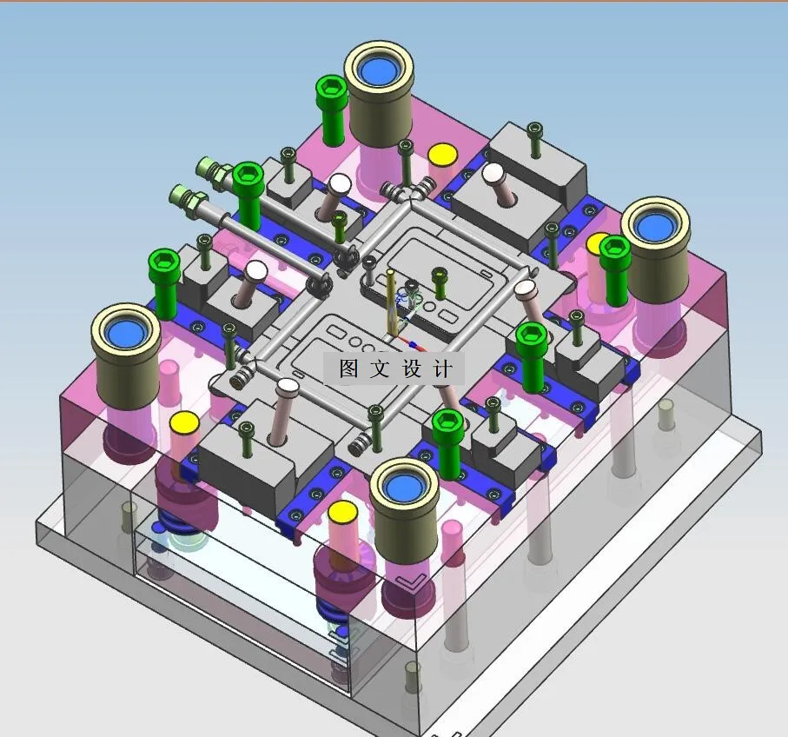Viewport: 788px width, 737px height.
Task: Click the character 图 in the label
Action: pos(348,368)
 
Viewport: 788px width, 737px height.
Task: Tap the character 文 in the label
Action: pos(380,368)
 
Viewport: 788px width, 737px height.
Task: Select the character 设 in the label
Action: pos(412,368)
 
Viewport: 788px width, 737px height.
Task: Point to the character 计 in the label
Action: pos(442,368)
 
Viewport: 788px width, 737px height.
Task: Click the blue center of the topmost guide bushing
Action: pos(379,70)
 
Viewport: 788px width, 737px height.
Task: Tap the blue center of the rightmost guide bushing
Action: pos(655,227)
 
